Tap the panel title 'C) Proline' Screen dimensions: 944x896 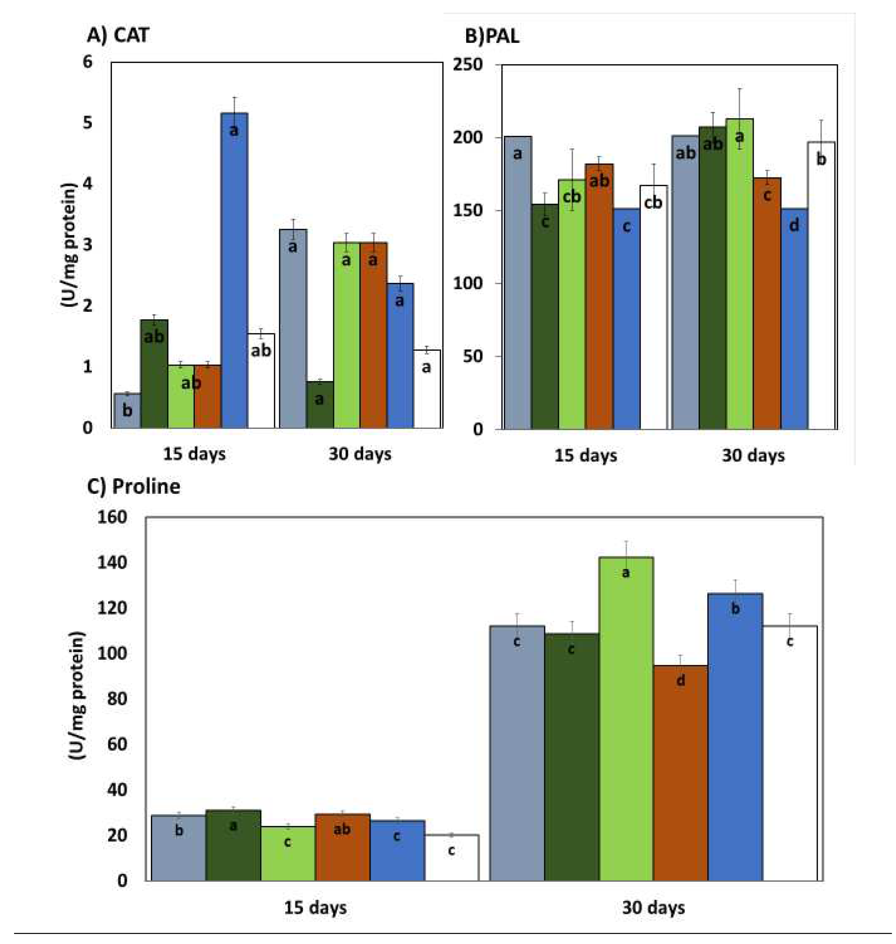tap(134, 486)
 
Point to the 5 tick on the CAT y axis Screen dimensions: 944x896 tap(87, 123)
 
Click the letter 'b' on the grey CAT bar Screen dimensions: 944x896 tap(127, 410)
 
